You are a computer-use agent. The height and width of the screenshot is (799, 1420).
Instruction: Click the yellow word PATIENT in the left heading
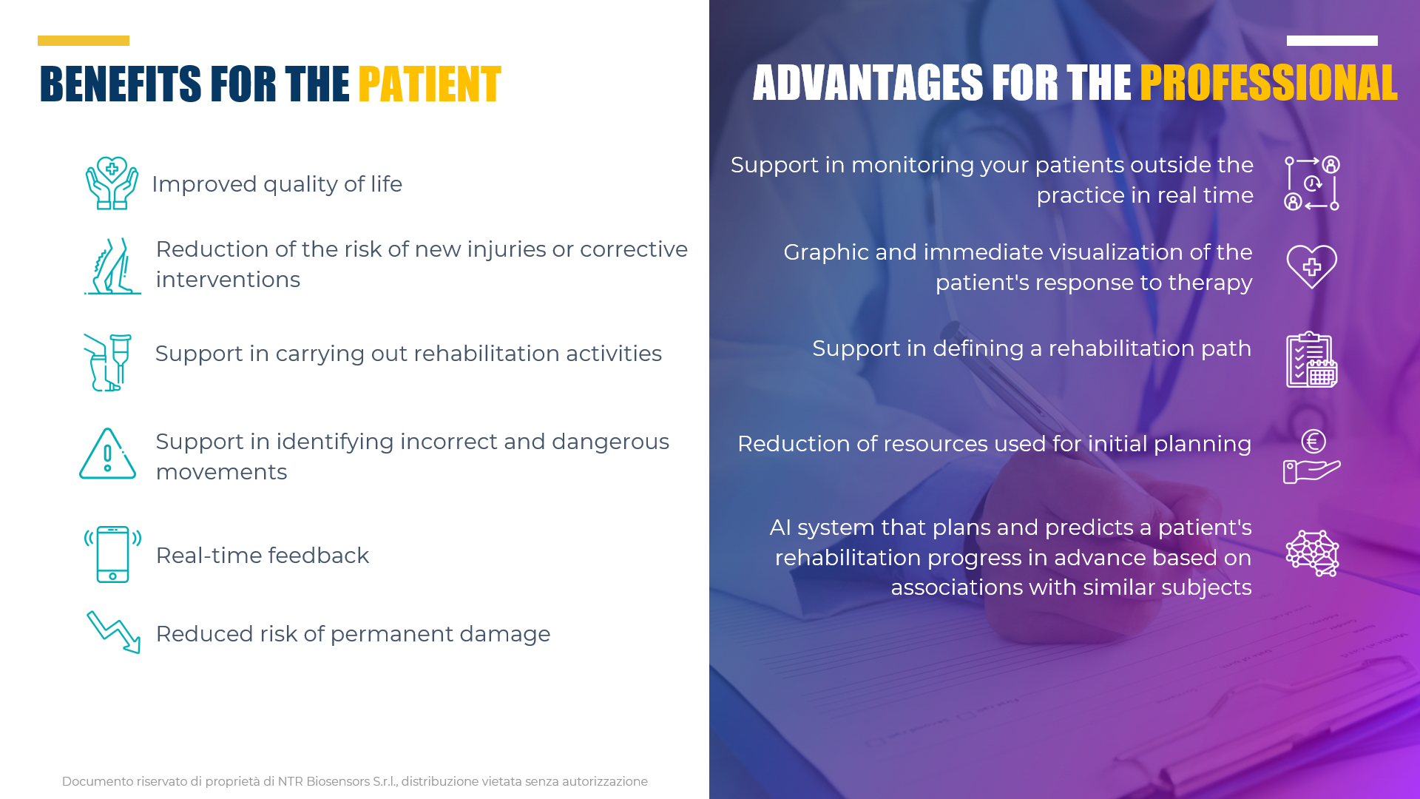click(x=430, y=84)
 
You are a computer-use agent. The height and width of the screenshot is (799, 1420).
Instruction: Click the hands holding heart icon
click(x=112, y=183)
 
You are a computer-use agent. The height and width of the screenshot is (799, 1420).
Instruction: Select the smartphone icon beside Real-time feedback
click(x=112, y=554)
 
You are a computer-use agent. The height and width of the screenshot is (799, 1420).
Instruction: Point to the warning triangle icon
click(x=108, y=454)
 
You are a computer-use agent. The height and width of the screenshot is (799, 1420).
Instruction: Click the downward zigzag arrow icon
click(x=114, y=632)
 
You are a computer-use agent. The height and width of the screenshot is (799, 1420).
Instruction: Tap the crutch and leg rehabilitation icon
click(x=108, y=363)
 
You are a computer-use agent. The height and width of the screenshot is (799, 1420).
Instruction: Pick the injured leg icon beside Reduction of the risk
click(x=112, y=266)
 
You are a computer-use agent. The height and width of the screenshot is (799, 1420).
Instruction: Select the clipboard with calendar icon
click(x=1312, y=360)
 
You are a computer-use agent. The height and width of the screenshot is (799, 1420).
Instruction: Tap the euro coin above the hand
click(x=1313, y=442)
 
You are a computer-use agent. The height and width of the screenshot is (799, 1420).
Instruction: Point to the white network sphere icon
click(x=1313, y=553)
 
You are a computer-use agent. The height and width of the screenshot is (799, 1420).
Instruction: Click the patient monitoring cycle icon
click(x=1312, y=183)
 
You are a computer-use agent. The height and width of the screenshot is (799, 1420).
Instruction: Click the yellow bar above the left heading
click(x=84, y=41)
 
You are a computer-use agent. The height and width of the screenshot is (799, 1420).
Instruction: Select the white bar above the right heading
click(x=1332, y=41)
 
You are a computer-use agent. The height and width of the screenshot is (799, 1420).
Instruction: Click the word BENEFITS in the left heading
click(x=121, y=84)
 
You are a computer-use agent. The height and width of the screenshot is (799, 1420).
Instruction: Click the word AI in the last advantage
click(x=780, y=527)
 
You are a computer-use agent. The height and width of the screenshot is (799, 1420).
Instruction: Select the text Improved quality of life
click(x=277, y=184)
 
